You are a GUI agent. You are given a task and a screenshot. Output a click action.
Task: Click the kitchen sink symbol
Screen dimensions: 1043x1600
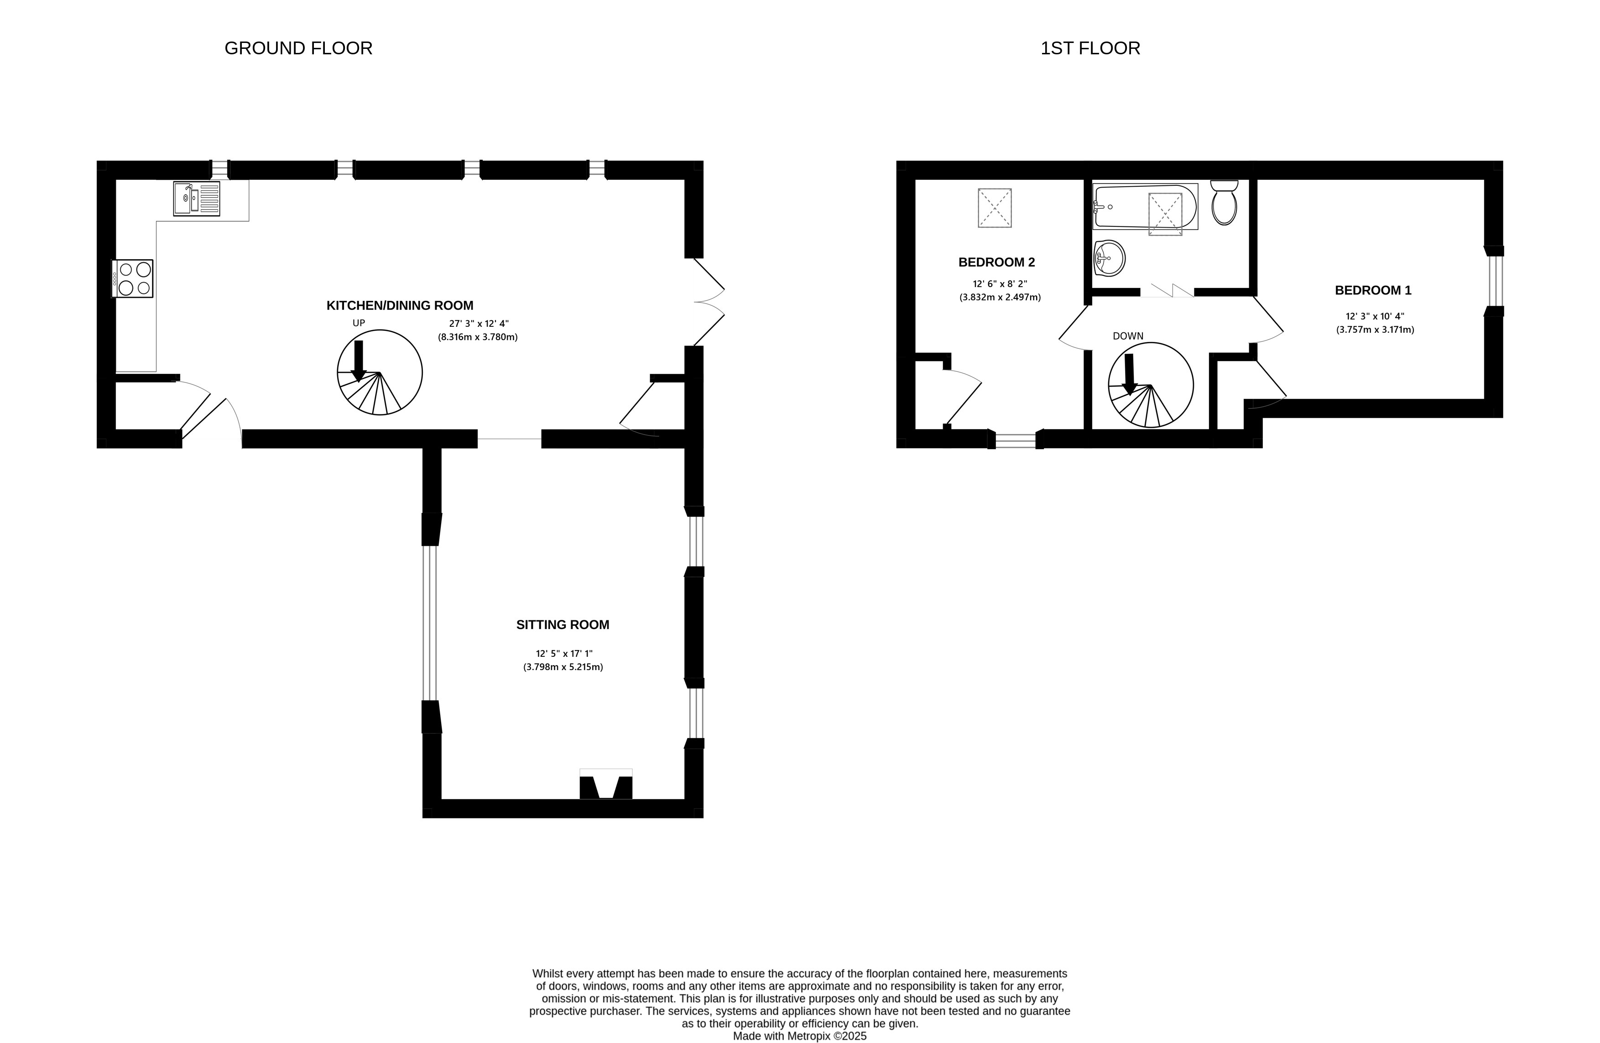[196, 199]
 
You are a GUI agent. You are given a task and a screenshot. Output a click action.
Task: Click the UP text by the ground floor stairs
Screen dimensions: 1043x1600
[359, 323]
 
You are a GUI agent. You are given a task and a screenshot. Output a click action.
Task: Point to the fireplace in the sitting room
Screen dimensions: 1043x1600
[606, 786]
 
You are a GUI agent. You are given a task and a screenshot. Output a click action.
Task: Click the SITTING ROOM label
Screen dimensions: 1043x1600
[563, 625]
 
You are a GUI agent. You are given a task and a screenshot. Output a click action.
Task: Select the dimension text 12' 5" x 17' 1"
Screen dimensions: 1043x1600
[563, 653]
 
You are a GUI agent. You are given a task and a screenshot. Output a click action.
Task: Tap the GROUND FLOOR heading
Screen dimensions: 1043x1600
[298, 48]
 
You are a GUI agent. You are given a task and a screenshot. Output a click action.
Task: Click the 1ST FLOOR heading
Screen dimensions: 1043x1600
[1090, 48]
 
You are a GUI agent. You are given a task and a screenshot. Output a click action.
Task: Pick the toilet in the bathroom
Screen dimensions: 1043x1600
[1224, 204]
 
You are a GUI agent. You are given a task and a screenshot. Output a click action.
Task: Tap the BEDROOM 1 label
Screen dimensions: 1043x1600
[1373, 290]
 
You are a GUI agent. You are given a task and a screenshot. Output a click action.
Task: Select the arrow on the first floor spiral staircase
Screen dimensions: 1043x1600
[1130, 374]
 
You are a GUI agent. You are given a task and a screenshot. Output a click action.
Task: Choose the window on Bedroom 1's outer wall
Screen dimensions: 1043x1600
[1494, 281]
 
